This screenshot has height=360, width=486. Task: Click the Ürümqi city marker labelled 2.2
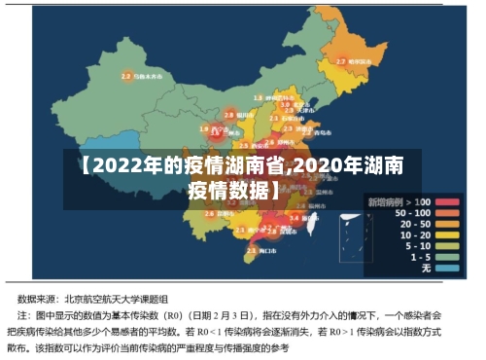[126, 76]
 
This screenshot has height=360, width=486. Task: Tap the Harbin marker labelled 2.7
[341, 61]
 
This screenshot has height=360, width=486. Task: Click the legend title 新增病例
[386, 201]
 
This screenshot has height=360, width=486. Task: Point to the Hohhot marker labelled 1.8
[259, 98]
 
